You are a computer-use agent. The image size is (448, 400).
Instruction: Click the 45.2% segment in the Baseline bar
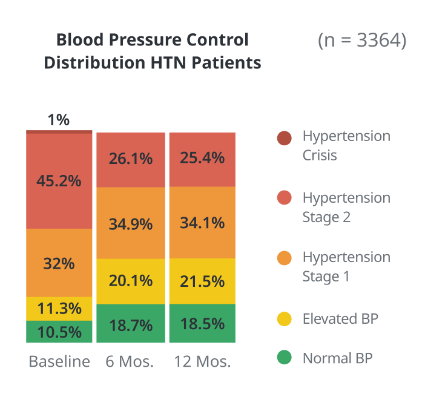tap(59, 180)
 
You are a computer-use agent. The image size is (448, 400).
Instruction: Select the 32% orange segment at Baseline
tap(59, 263)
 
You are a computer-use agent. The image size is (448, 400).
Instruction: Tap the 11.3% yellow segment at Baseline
tap(59, 309)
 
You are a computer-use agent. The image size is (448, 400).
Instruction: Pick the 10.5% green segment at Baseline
tap(59, 332)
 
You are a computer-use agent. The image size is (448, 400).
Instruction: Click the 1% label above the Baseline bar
tap(59, 120)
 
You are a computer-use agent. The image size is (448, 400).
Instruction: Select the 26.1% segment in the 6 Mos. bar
tap(130, 159)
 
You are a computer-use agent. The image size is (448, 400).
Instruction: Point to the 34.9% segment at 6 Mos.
tap(130, 223)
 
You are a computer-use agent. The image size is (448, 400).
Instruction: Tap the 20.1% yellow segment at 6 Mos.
tap(130, 281)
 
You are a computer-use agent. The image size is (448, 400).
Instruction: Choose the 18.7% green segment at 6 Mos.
tap(130, 324)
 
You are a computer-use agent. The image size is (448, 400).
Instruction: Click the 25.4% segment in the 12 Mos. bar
tap(202, 159)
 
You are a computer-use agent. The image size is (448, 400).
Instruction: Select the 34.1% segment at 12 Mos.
tap(202, 223)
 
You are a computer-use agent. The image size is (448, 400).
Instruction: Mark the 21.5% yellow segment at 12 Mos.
tap(202, 281)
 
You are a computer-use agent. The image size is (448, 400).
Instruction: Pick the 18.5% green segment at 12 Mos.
tap(202, 324)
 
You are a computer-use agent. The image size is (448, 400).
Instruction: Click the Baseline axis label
tap(59, 362)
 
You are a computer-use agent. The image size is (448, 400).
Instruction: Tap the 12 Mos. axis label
tap(202, 362)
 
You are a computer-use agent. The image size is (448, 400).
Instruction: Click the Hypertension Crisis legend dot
tap(284, 139)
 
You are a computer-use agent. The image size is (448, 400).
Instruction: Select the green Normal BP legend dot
tap(284, 358)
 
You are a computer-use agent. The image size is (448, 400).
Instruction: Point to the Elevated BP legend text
tap(340, 319)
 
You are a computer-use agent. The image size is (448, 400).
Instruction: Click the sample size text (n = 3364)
tap(362, 41)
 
